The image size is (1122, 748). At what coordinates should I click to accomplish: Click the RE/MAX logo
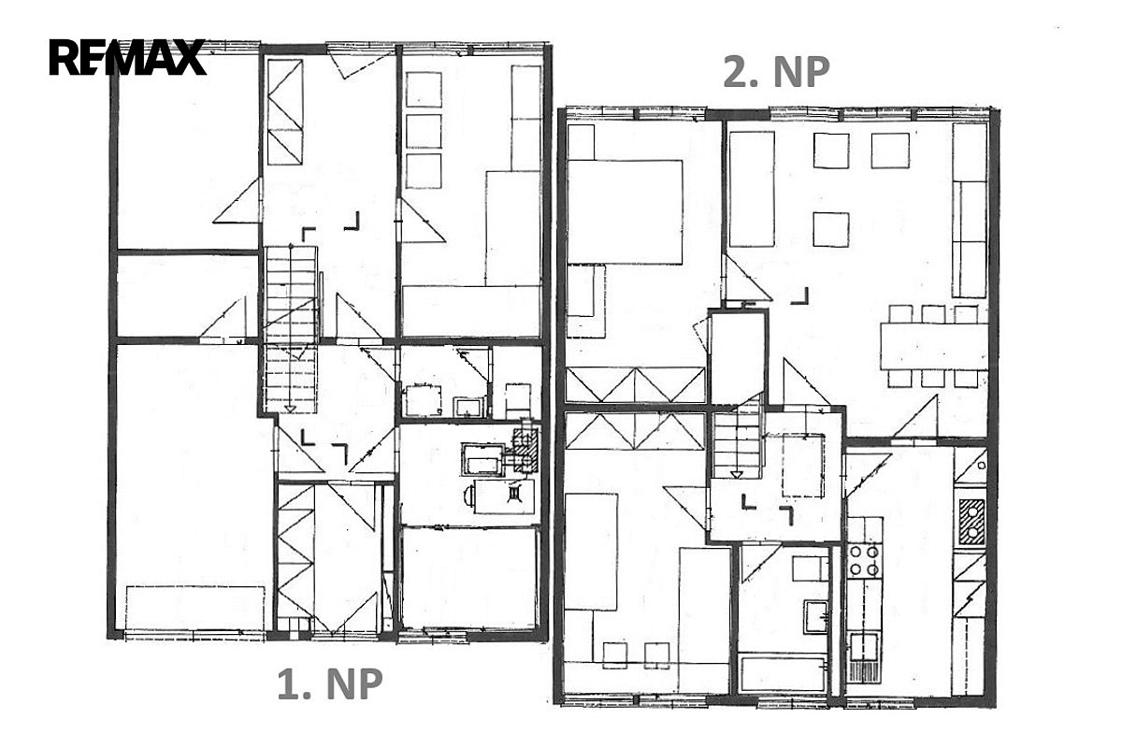point(127,57)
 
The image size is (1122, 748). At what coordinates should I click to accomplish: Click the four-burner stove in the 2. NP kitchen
point(864,561)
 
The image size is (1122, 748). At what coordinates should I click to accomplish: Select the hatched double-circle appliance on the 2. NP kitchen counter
point(971,522)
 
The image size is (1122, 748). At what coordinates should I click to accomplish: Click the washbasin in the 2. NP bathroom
point(816,617)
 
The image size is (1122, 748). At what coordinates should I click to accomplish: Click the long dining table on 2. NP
point(934,347)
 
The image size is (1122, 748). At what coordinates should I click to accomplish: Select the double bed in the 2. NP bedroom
point(625,211)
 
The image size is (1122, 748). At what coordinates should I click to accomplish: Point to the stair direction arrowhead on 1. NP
point(290,409)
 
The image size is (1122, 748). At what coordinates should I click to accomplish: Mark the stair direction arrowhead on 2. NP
point(737,474)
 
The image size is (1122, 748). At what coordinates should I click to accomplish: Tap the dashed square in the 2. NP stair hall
point(802,466)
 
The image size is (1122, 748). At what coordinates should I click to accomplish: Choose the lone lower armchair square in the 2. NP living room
point(831,229)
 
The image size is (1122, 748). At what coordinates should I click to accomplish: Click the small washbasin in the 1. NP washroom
point(469,407)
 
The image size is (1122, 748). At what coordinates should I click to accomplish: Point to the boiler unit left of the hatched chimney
point(482,459)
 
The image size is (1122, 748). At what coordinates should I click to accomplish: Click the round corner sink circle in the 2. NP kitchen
point(981,466)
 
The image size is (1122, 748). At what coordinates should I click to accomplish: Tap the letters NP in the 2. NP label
point(801,73)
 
